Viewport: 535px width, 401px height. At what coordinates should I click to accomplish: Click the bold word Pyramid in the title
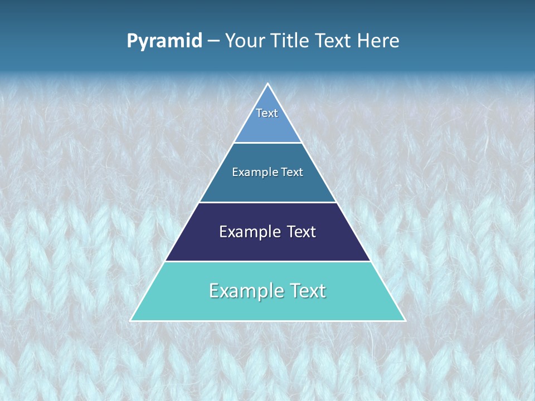(164, 41)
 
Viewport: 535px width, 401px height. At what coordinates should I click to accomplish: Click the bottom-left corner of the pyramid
(131, 320)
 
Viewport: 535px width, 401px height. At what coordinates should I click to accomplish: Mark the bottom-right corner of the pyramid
(405, 320)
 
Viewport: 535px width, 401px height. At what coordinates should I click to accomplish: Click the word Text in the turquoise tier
(307, 291)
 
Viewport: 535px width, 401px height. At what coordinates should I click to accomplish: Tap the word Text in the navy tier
(301, 232)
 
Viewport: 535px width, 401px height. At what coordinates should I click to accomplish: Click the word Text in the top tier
(267, 113)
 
